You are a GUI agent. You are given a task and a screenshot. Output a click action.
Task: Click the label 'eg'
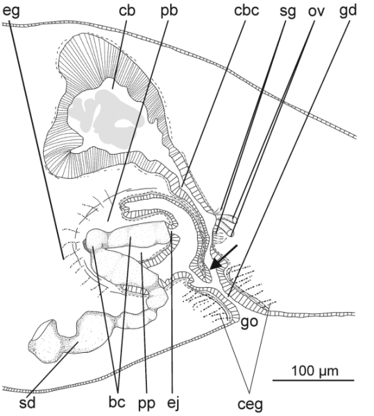point(11,12)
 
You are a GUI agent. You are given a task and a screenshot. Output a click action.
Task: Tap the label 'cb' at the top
point(127,10)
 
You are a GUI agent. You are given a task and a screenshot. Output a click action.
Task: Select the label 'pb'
point(169,12)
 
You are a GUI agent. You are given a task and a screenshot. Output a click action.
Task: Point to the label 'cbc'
point(246,10)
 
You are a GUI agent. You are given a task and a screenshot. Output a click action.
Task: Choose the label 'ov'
point(316,12)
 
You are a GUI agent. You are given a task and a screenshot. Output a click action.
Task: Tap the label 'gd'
point(348,12)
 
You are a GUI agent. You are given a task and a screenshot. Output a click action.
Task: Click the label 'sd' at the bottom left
point(27,403)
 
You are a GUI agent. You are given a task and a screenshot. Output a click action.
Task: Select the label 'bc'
point(117,402)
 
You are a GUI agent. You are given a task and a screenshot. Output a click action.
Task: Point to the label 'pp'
point(146,404)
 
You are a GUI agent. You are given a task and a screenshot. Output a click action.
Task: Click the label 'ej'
point(174,404)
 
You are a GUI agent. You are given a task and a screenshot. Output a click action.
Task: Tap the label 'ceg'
point(250,405)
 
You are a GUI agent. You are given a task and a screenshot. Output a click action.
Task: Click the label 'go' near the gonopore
point(249,322)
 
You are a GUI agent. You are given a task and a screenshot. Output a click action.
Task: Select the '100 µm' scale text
point(315,371)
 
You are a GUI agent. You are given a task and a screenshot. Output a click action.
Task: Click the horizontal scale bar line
point(314,381)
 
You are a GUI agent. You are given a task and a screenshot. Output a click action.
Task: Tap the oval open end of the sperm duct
point(42,330)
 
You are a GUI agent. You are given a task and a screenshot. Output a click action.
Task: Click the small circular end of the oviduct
point(232,234)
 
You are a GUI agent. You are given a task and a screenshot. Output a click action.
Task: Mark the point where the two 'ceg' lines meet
point(250,392)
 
